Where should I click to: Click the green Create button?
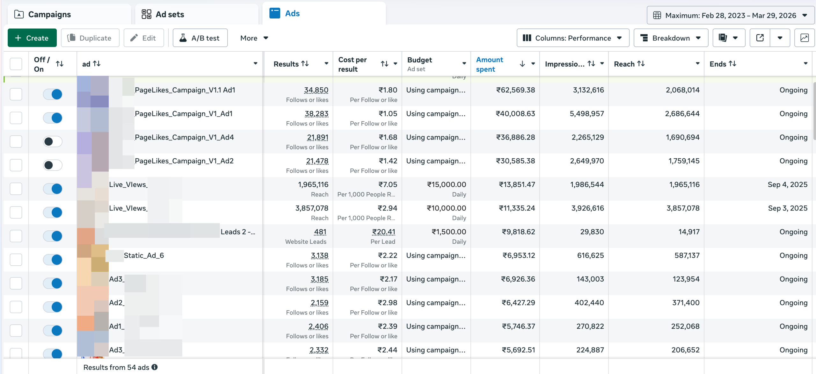32,38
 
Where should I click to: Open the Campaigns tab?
49,14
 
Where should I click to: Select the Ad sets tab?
170,14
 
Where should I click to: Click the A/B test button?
200,38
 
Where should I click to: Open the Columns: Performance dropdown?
572,38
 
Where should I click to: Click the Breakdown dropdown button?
671,38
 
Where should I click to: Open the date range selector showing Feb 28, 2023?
730,15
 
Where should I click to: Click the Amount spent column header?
490,64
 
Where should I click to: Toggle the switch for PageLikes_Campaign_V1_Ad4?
53,141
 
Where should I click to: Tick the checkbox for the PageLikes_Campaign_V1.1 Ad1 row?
16,94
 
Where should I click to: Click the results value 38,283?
316,114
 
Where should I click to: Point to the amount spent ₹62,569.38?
515,90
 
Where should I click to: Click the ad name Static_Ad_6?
144,255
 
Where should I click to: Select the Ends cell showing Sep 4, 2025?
787,184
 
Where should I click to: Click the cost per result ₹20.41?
383,232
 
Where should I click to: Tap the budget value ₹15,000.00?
446,184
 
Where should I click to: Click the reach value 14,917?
689,232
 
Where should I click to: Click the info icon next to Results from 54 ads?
155,367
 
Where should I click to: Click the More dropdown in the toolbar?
254,38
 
